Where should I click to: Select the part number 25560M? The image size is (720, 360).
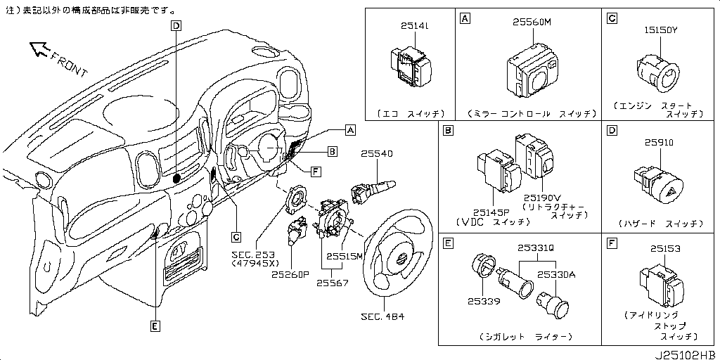(x=532, y=22)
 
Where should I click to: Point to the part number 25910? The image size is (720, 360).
(x=659, y=142)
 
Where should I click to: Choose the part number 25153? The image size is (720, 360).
(x=665, y=248)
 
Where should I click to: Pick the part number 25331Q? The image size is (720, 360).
(x=536, y=247)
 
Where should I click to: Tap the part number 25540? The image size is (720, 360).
(x=377, y=153)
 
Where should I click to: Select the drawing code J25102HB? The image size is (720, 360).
(x=686, y=353)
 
